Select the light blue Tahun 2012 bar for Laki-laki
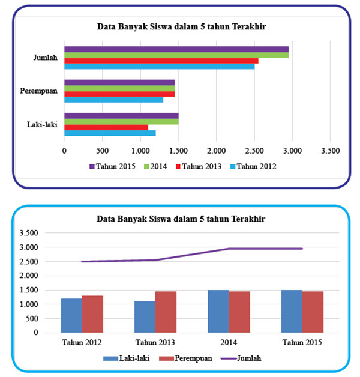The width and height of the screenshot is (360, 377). click(110, 133)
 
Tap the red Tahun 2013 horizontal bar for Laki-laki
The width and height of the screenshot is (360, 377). click(106, 127)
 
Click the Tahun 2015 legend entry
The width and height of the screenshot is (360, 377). click(112, 166)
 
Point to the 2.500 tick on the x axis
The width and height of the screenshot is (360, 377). click(254, 151)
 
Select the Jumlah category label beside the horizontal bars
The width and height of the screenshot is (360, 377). click(46, 58)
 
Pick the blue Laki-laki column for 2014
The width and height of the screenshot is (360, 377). click(218, 311)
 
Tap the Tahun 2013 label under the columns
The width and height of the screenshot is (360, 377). click(155, 343)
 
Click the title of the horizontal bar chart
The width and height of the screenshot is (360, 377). click(182, 26)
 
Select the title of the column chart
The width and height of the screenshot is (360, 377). click(182, 219)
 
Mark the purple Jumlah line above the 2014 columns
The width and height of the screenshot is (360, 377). click(229, 249)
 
